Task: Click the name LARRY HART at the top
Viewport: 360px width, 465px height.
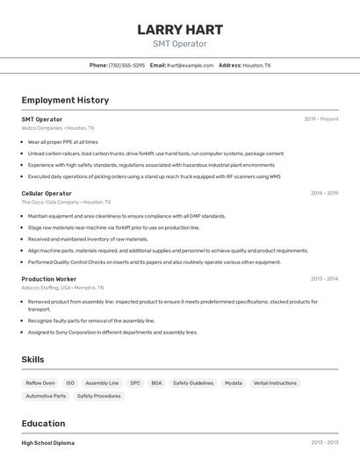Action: [x=180, y=30]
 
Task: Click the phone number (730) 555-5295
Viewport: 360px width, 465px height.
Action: [x=126, y=65]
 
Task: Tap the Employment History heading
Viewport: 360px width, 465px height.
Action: [x=65, y=100]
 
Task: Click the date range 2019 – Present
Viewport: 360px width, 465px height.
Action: [x=321, y=119]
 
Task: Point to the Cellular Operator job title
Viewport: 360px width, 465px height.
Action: [x=47, y=193]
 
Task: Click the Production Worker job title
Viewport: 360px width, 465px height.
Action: [x=49, y=279]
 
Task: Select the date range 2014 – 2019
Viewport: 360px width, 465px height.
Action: [x=324, y=193]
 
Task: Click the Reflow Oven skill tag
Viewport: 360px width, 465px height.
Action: [x=40, y=383]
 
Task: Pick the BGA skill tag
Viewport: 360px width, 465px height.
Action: [x=156, y=383]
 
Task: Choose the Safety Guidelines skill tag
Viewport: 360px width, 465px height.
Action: [x=193, y=383]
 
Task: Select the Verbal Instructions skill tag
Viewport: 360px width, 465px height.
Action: [x=275, y=383]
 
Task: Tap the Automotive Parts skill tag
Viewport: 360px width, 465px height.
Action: [x=46, y=396]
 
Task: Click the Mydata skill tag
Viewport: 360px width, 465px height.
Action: [x=234, y=383]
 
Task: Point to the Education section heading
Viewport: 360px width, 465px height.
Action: [x=43, y=423]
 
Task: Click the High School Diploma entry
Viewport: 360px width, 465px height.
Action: [x=47, y=443]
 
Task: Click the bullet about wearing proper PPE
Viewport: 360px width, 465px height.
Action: [x=62, y=141]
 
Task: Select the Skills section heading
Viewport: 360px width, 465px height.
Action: [x=32, y=360]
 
